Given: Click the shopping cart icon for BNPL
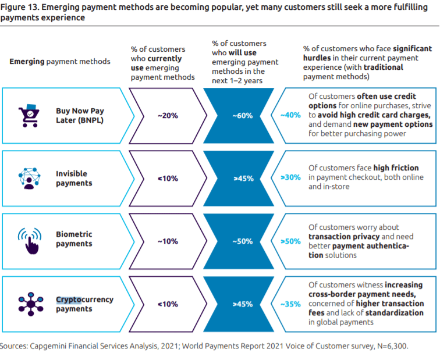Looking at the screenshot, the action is point(29,116).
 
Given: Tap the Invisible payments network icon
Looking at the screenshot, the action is point(30,179).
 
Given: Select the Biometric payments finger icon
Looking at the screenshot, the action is point(30,241).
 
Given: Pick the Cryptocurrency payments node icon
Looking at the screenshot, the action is point(31,304).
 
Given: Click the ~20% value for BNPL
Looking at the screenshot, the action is point(168,116).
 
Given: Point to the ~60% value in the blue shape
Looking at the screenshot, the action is point(243,116).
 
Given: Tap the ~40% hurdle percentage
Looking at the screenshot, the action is point(290,115).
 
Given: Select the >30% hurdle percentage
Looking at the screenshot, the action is point(290,177).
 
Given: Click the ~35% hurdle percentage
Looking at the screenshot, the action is point(290,304).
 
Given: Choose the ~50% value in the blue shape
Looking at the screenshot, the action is point(243,241).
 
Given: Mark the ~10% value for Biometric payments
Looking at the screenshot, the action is point(168,241).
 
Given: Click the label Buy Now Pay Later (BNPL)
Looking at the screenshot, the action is point(80,116).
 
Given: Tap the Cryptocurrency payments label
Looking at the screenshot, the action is point(84,304).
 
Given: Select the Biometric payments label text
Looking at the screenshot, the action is point(74,239).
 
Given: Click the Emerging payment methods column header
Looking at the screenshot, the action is point(60,62).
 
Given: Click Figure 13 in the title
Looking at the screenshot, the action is point(19,7).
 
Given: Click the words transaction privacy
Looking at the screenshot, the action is point(344,236).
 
